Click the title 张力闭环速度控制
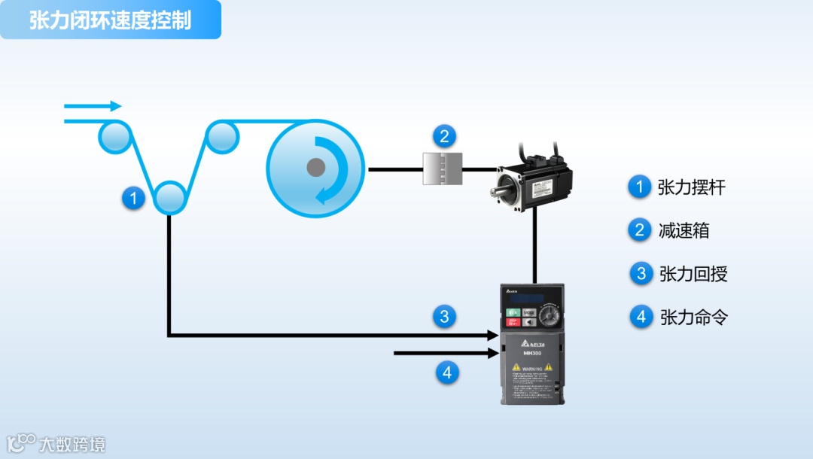110,20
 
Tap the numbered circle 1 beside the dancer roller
133,198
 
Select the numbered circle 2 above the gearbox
444,136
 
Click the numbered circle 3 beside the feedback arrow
444,317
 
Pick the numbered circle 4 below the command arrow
447,372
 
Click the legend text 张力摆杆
691,187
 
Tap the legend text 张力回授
693,274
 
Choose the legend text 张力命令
693,317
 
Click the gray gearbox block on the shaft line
441,169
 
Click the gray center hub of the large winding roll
316,168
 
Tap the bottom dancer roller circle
169,198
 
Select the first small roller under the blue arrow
114,136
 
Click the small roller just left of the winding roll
222,136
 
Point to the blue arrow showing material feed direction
93,106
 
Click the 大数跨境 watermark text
72,444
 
